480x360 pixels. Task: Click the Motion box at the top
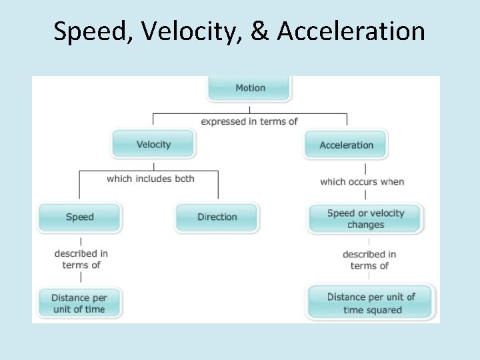click(x=250, y=88)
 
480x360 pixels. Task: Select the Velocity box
click(x=153, y=145)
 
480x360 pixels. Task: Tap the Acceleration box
click(x=346, y=145)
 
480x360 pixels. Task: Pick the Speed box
click(x=80, y=217)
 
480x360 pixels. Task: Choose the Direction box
click(x=217, y=217)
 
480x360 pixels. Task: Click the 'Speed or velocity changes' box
click(x=365, y=219)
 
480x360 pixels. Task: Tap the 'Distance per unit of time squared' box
click(x=371, y=303)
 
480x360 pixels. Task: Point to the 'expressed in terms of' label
click(x=249, y=121)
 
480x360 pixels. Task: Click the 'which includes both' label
click(x=151, y=178)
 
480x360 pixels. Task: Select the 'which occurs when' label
click(x=362, y=181)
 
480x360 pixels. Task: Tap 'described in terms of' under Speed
click(x=81, y=259)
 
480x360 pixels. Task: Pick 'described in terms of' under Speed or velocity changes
click(x=369, y=260)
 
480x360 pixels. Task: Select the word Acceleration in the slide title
click(x=351, y=31)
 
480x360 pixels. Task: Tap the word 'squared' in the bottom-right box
click(x=382, y=310)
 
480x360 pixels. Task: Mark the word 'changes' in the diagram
click(x=365, y=225)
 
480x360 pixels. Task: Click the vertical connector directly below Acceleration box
click(x=366, y=167)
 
